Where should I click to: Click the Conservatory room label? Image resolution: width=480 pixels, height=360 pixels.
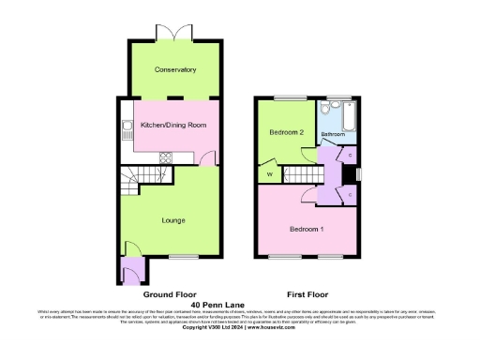pyautogui.click(x=175, y=69)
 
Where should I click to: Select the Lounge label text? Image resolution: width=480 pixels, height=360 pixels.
pyautogui.click(x=172, y=220)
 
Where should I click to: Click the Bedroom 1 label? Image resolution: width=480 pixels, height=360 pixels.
pyautogui.click(x=307, y=229)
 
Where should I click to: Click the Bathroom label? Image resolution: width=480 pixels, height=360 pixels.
pyautogui.click(x=333, y=135)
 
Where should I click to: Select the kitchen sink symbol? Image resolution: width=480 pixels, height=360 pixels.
pyautogui.click(x=124, y=130)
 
